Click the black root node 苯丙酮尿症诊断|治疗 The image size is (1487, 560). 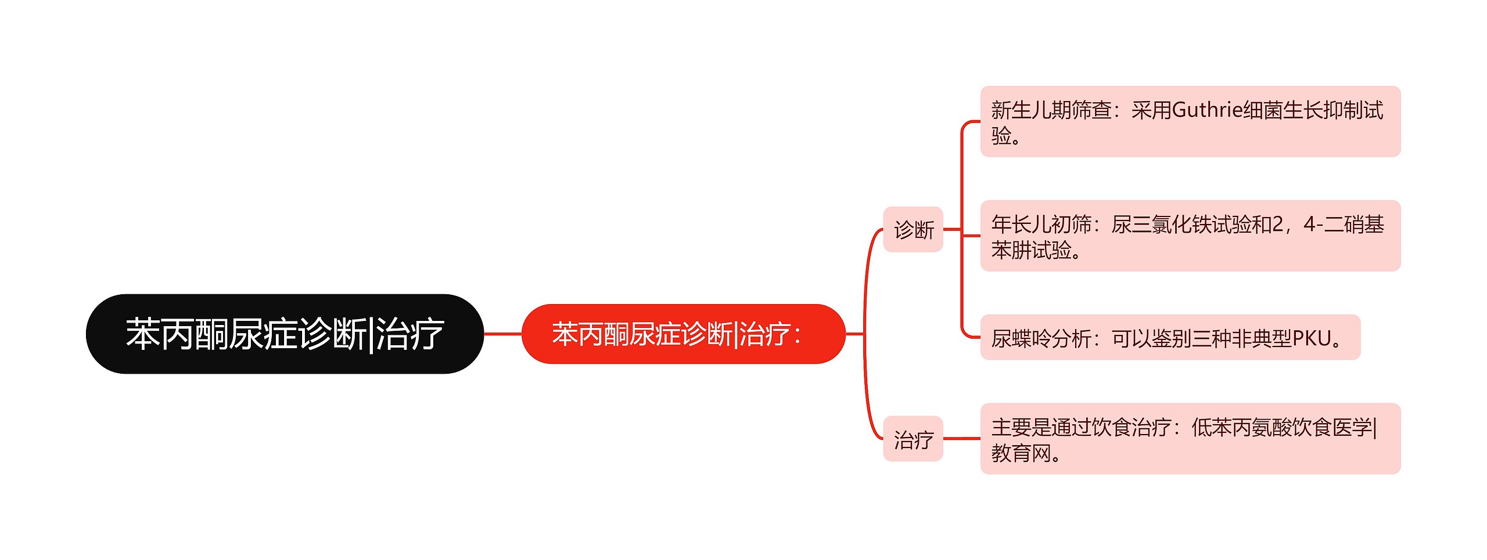pyautogui.click(x=285, y=334)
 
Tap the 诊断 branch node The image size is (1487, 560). pyautogui.click(x=913, y=230)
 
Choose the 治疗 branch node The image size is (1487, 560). pyautogui.click(x=913, y=439)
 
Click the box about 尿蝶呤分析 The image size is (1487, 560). pyautogui.click(x=1170, y=338)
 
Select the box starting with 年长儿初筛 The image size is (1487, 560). pyautogui.click(x=1190, y=236)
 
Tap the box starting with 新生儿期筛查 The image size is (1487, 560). pyautogui.click(x=1190, y=122)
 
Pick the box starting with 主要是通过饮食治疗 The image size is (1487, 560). pyautogui.click(x=1190, y=439)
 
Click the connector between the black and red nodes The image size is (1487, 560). pyautogui.click(x=502, y=334)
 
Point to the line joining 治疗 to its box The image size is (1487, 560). pyautogui.click(x=961, y=439)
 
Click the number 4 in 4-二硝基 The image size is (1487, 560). pyautogui.click(x=1309, y=225)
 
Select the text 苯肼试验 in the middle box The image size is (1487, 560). pyautogui.click(x=1032, y=251)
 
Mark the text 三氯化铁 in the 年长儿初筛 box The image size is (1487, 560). pyautogui.click(x=1161, y=225)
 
